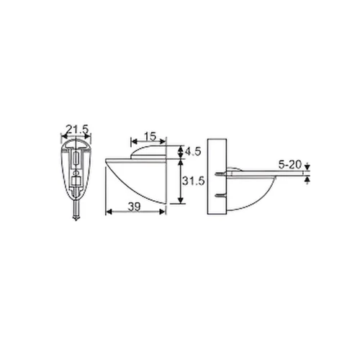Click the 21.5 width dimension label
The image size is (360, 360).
pos(76,130)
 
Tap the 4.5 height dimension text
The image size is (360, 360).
pos(192,152)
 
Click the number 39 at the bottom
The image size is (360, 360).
pos(133,206)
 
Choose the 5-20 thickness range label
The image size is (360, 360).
pos(290,165)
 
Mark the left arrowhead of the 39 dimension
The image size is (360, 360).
pos(108,212)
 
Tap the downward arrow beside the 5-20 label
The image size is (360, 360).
pos(307,170)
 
